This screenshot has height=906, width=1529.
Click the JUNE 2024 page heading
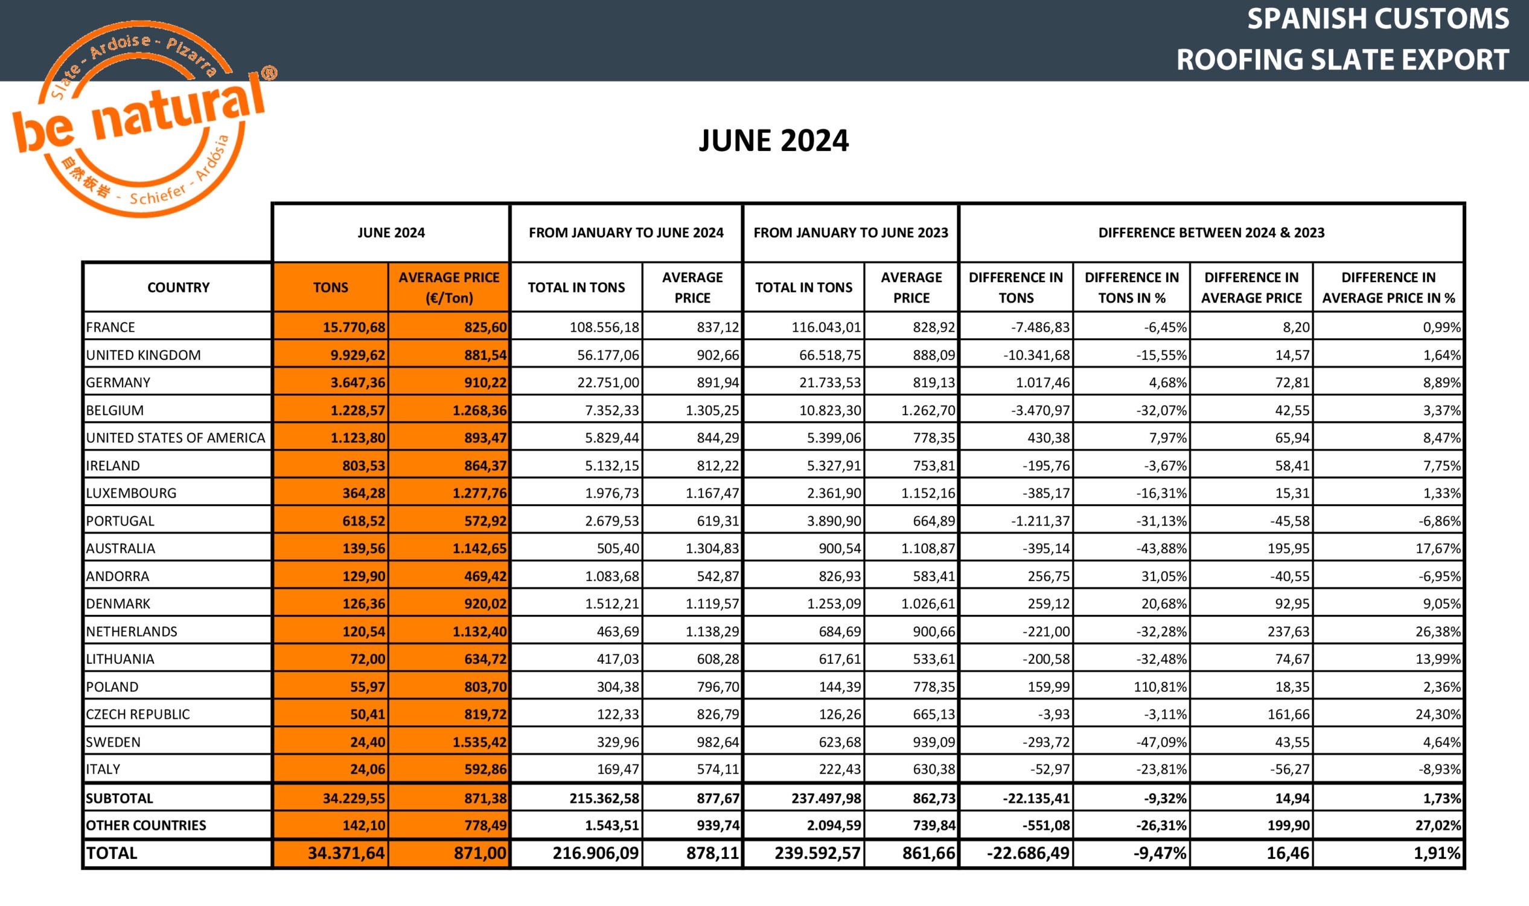[x=773, y=141]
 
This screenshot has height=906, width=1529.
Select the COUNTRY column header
[x=178, y=288]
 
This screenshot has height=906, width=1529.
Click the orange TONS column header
[x=330, y=288]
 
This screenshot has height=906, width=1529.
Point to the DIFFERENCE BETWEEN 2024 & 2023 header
[x=1211, y=233]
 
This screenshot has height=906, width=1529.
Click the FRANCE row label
[x=110, y=327]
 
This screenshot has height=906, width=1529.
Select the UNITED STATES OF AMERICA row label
[x=176, y=438]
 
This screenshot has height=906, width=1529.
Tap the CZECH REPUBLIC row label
[x=138, y=715]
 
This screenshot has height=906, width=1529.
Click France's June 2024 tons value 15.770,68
[x=354, y=327]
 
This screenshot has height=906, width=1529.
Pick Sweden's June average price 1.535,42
[x=479, y=742]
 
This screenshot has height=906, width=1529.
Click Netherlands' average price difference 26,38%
[x=1437, y=631]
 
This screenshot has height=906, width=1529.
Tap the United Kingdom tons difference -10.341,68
[x=1036, y=355]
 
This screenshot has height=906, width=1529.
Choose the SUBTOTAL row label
[x=120, y=798]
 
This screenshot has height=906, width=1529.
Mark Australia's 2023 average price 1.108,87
[x=927, y=548]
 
